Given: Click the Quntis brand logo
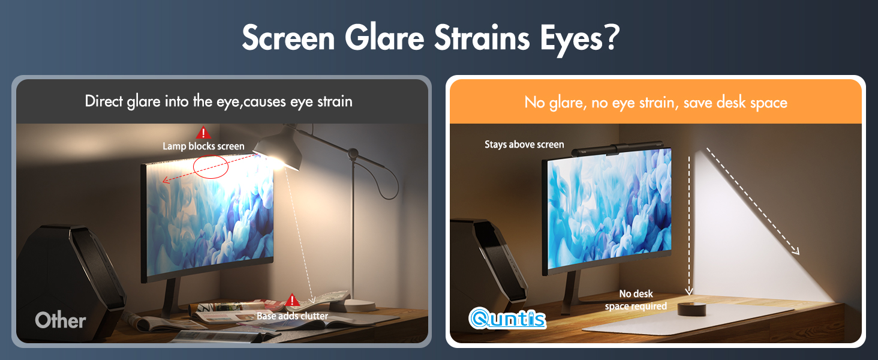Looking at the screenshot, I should [507, 319].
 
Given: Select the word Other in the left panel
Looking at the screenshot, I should [61, 320].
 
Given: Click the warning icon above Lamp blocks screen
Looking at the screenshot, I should [203, 133].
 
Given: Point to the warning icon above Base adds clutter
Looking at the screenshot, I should [292, 300].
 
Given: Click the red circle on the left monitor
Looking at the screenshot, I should [211, 166].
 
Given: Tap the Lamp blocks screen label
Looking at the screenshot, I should [203, 146].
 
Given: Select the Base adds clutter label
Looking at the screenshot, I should [292, 316].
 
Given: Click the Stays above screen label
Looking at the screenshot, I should [524, 145].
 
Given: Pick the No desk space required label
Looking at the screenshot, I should [636, 300].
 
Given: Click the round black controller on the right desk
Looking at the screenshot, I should [693, 310].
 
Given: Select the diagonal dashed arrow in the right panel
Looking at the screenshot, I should [753, 201].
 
